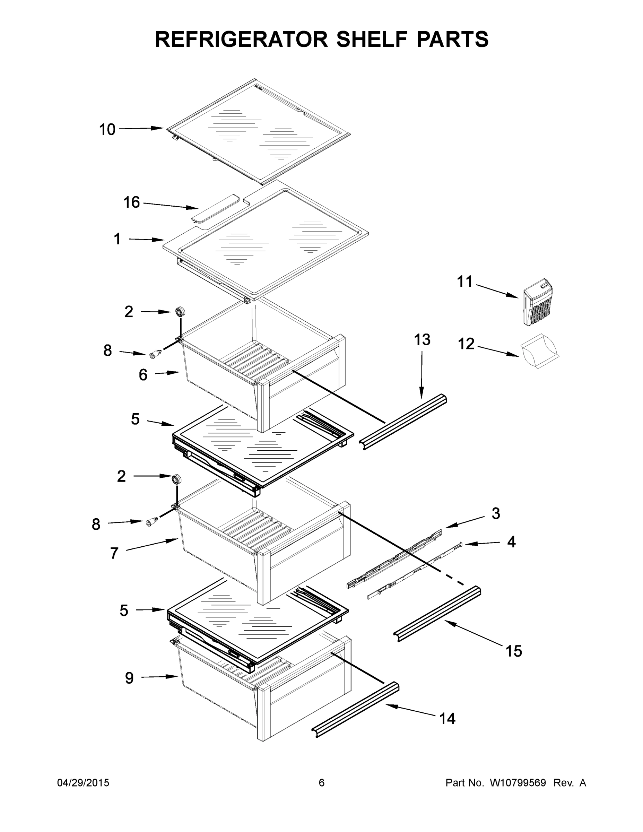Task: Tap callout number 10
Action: click(x=107, y=130)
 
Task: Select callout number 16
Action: click(x=131, y=202)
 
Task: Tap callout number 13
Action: click(x=422, y=339)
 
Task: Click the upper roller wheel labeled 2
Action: click(x=180, y=312)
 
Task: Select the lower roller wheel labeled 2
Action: click(x=176, y=479)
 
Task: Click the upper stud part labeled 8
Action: click(x=155, y=355)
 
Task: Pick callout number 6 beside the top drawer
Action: click(x=143, y=375)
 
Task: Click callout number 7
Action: click(x=114, y=553)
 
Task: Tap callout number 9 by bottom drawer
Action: click(x=130, y=678)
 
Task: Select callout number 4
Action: click(x=511, y=542)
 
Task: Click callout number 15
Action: click(x=513, y=651)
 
